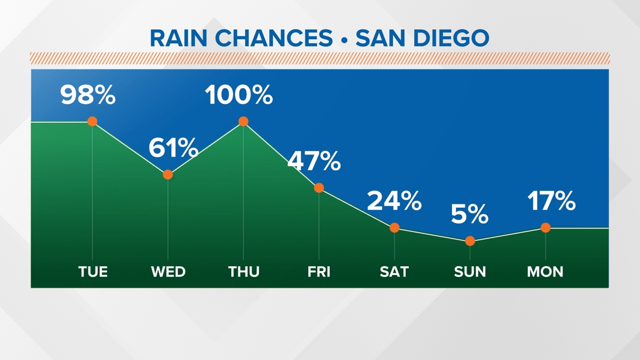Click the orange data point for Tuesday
(x=92, y=121)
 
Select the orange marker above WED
(x=168, y=175)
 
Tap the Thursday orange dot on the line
(x=243, y=121)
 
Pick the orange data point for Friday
(x=319, y=188)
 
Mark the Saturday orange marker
(x=395, y=227)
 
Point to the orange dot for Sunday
(x=470, y=241)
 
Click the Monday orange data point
(x=546, y=227)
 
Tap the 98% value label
(x=88, y=95)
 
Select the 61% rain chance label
(x=173, y=148)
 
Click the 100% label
(x=239, y=95)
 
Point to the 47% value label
(x=314, y=162)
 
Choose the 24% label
(x=394, y=201)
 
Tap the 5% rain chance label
(x=470, y=215)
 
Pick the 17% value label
(x=551, y=201)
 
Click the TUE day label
(x=93, y=272)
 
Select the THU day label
(x=244, y=272)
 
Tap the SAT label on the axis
(x=395, y=272)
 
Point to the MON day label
(x=545, y=272)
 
